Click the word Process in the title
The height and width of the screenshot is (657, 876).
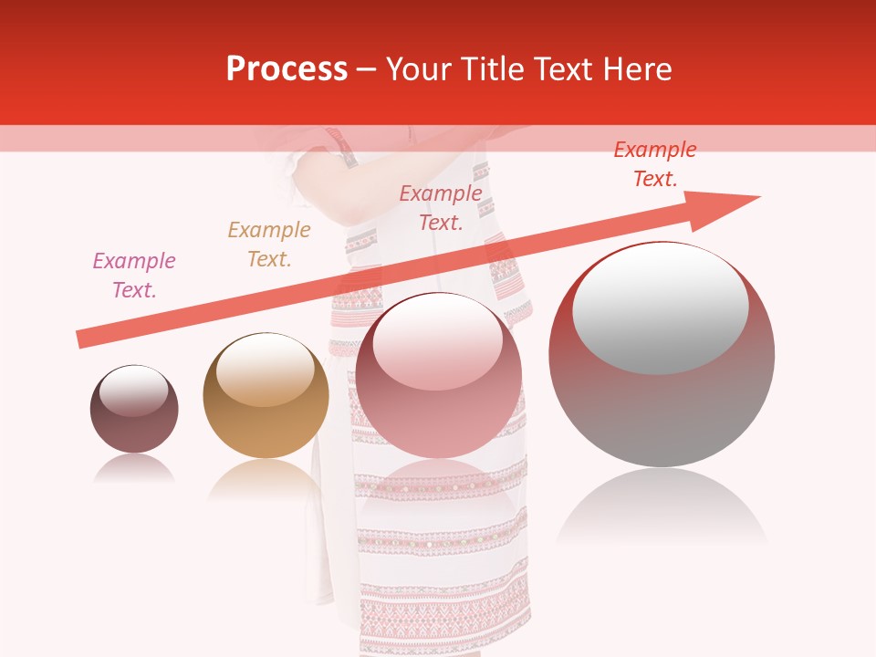pos(287,69)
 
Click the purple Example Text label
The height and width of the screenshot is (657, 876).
pos(134,276)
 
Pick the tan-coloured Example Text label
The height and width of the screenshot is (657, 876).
pos(269,245)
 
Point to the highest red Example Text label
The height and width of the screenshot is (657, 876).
pos(654,164)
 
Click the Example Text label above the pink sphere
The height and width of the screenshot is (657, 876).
pos(441,207)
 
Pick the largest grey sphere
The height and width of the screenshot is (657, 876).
pos(662,411)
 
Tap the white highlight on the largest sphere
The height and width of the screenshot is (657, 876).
pos(661,308)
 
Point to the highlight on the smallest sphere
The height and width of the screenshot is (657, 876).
pos(133,391)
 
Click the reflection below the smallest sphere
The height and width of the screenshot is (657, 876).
pos(134,469)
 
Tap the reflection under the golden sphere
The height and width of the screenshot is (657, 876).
pos(266,478)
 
